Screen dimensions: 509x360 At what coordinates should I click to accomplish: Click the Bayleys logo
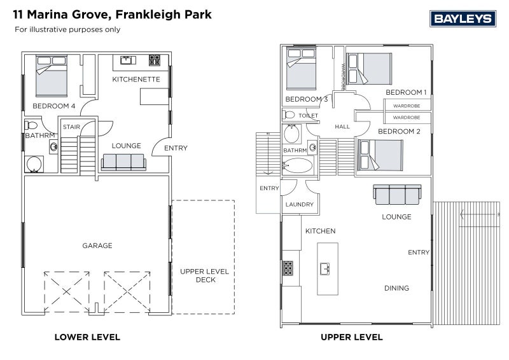point(463,18)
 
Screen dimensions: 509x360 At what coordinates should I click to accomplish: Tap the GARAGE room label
point(97,246)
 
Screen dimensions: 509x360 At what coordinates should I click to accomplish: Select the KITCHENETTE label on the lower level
point(136,80)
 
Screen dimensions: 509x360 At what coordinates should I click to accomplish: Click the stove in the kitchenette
point(155,60)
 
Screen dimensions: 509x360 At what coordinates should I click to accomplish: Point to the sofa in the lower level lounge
point(123,162)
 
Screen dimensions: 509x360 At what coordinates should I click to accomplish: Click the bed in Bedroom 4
point(52,76)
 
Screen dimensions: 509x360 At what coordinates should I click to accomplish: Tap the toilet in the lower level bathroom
point(31,125)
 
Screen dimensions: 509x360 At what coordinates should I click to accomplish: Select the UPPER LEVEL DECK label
point(204,275)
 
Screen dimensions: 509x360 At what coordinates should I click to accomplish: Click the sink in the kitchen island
point(325,269)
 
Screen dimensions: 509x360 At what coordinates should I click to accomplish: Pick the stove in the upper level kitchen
point(288,268)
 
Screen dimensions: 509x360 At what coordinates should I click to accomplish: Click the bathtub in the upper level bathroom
point(297,165)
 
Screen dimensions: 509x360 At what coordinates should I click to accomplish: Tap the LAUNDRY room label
point(300,205)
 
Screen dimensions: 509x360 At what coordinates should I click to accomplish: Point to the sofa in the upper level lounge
point(397,195)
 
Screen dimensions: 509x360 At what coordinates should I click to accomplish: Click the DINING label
point(396,288)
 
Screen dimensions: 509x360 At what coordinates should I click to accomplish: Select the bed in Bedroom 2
point(380,155)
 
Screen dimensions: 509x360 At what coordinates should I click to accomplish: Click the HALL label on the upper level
point(342,127)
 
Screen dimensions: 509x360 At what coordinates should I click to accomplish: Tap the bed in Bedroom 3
point(301,69)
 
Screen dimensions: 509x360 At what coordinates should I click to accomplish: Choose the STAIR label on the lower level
point(71,127)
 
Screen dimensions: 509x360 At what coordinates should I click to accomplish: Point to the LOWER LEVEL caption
point(87,337)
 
